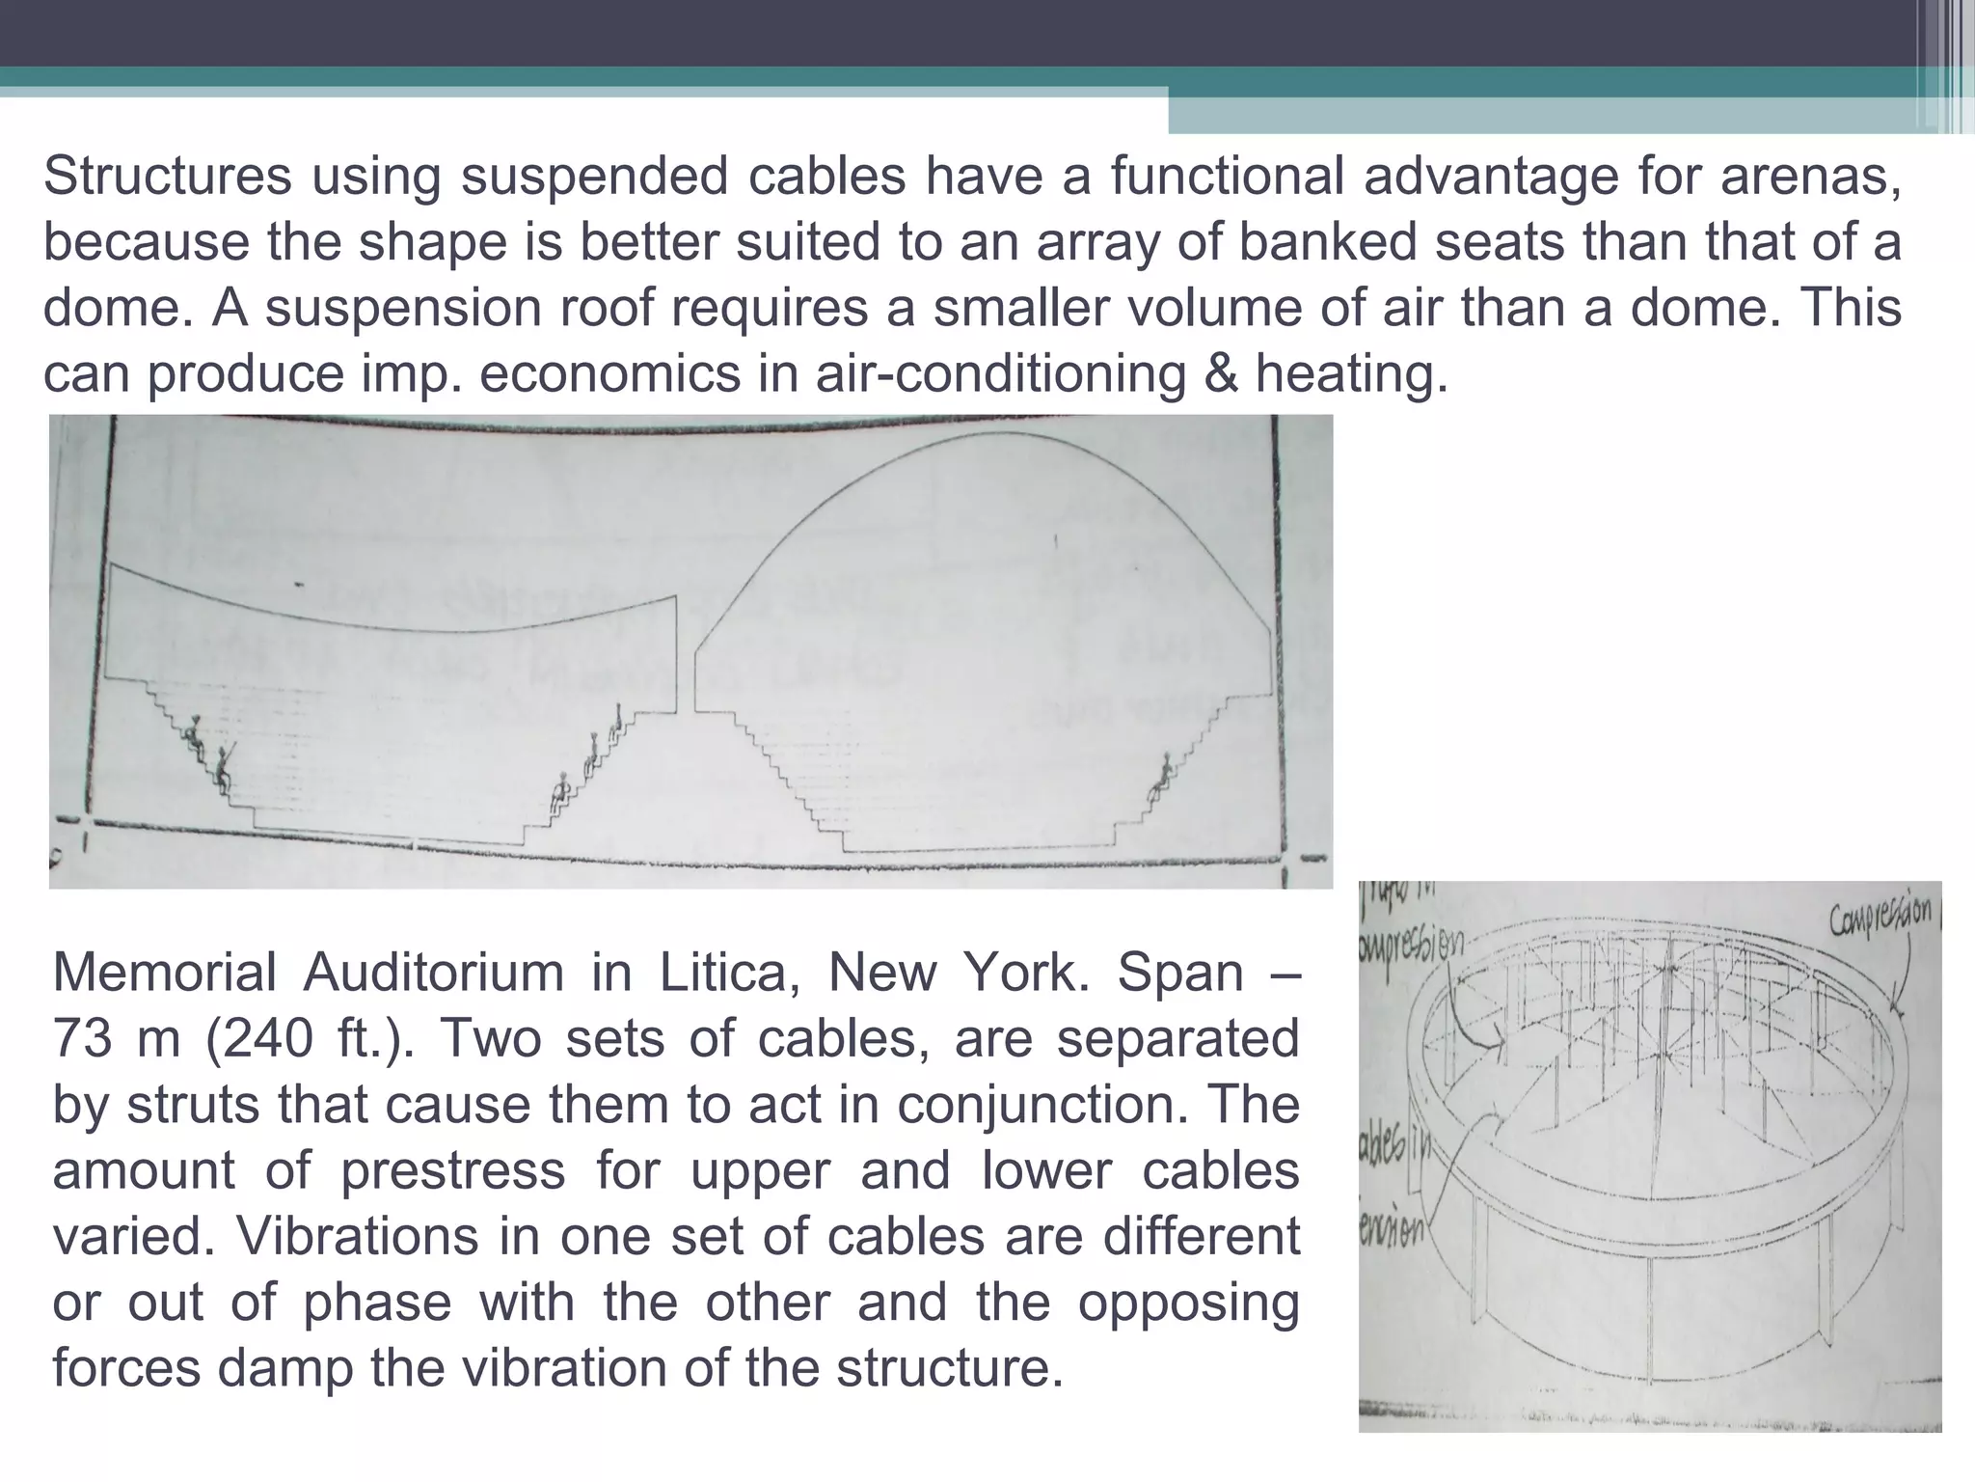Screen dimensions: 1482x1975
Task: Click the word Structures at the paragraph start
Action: [x=167, y=177]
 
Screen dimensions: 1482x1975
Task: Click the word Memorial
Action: [x=164, y=973]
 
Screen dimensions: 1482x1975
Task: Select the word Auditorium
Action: [x=433, y=973]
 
